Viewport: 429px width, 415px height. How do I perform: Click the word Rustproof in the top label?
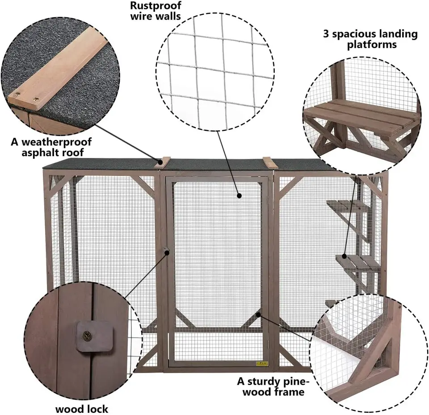[156, 5]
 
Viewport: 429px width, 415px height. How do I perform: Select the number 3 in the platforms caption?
[326, 34]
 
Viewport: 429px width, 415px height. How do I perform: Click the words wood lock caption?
[81, 409]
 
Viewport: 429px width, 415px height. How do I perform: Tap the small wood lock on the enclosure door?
[165, 250]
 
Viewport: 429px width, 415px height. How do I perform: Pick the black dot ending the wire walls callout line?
[240, 195]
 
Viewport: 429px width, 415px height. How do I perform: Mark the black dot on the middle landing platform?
[344, 256]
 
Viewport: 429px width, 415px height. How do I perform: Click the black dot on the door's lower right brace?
[258, 315]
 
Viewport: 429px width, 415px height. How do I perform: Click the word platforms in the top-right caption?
[372, 45]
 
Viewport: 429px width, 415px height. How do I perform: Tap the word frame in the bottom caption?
[290, 392]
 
